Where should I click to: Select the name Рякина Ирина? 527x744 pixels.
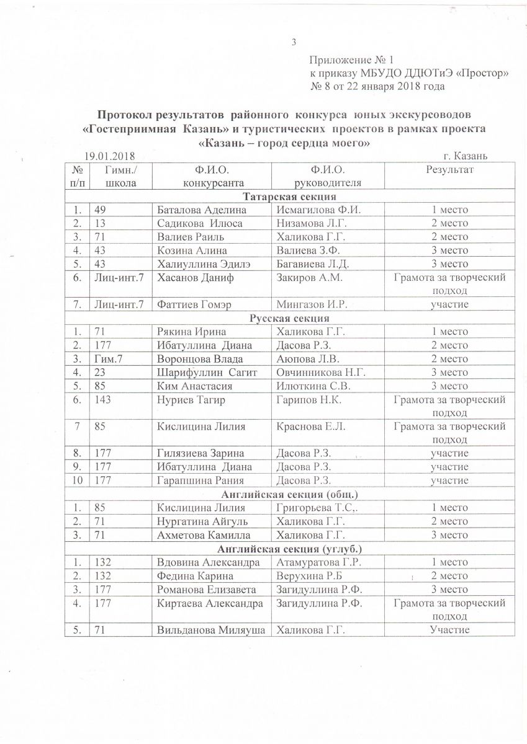(x=188, y=331)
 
